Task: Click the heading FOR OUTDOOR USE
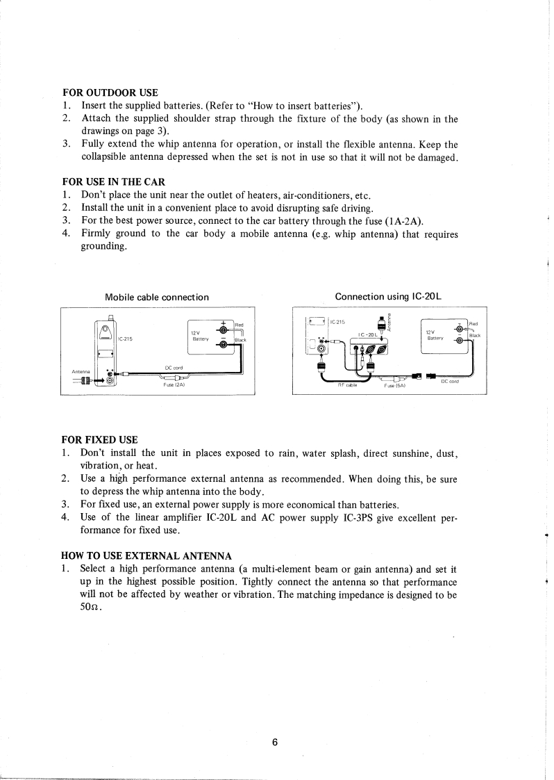[110, 92]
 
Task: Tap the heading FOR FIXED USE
[100, 440]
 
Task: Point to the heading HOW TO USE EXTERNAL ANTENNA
[147, 555]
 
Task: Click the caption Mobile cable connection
[157, 298]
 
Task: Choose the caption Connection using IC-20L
[389, 297]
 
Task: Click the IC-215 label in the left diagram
[126, 340]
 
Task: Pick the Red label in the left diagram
[239, 325]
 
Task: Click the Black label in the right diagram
[476, 336]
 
